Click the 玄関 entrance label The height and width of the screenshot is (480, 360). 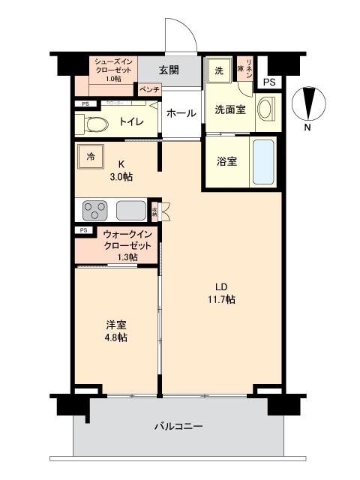(x=169, y=70)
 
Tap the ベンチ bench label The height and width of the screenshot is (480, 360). (x=147, y=89)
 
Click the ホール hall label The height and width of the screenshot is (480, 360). (x=181, y=113)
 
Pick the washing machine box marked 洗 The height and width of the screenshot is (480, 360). (x=219, y=70)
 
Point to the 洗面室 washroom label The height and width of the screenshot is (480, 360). (x=231, y=110)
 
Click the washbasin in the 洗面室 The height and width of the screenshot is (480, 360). (x=266, y=109)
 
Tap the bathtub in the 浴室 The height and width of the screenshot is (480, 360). (x=264, y=161)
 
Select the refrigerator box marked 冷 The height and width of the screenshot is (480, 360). (x=91, y=157)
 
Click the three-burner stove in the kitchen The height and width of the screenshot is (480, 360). (x=95, y=208)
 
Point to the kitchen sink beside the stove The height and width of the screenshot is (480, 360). (x=130, y=209)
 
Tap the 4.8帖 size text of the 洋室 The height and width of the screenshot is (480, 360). (x=115, y=337)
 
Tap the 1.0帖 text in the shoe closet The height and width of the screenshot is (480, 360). (x=113, y=79)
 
